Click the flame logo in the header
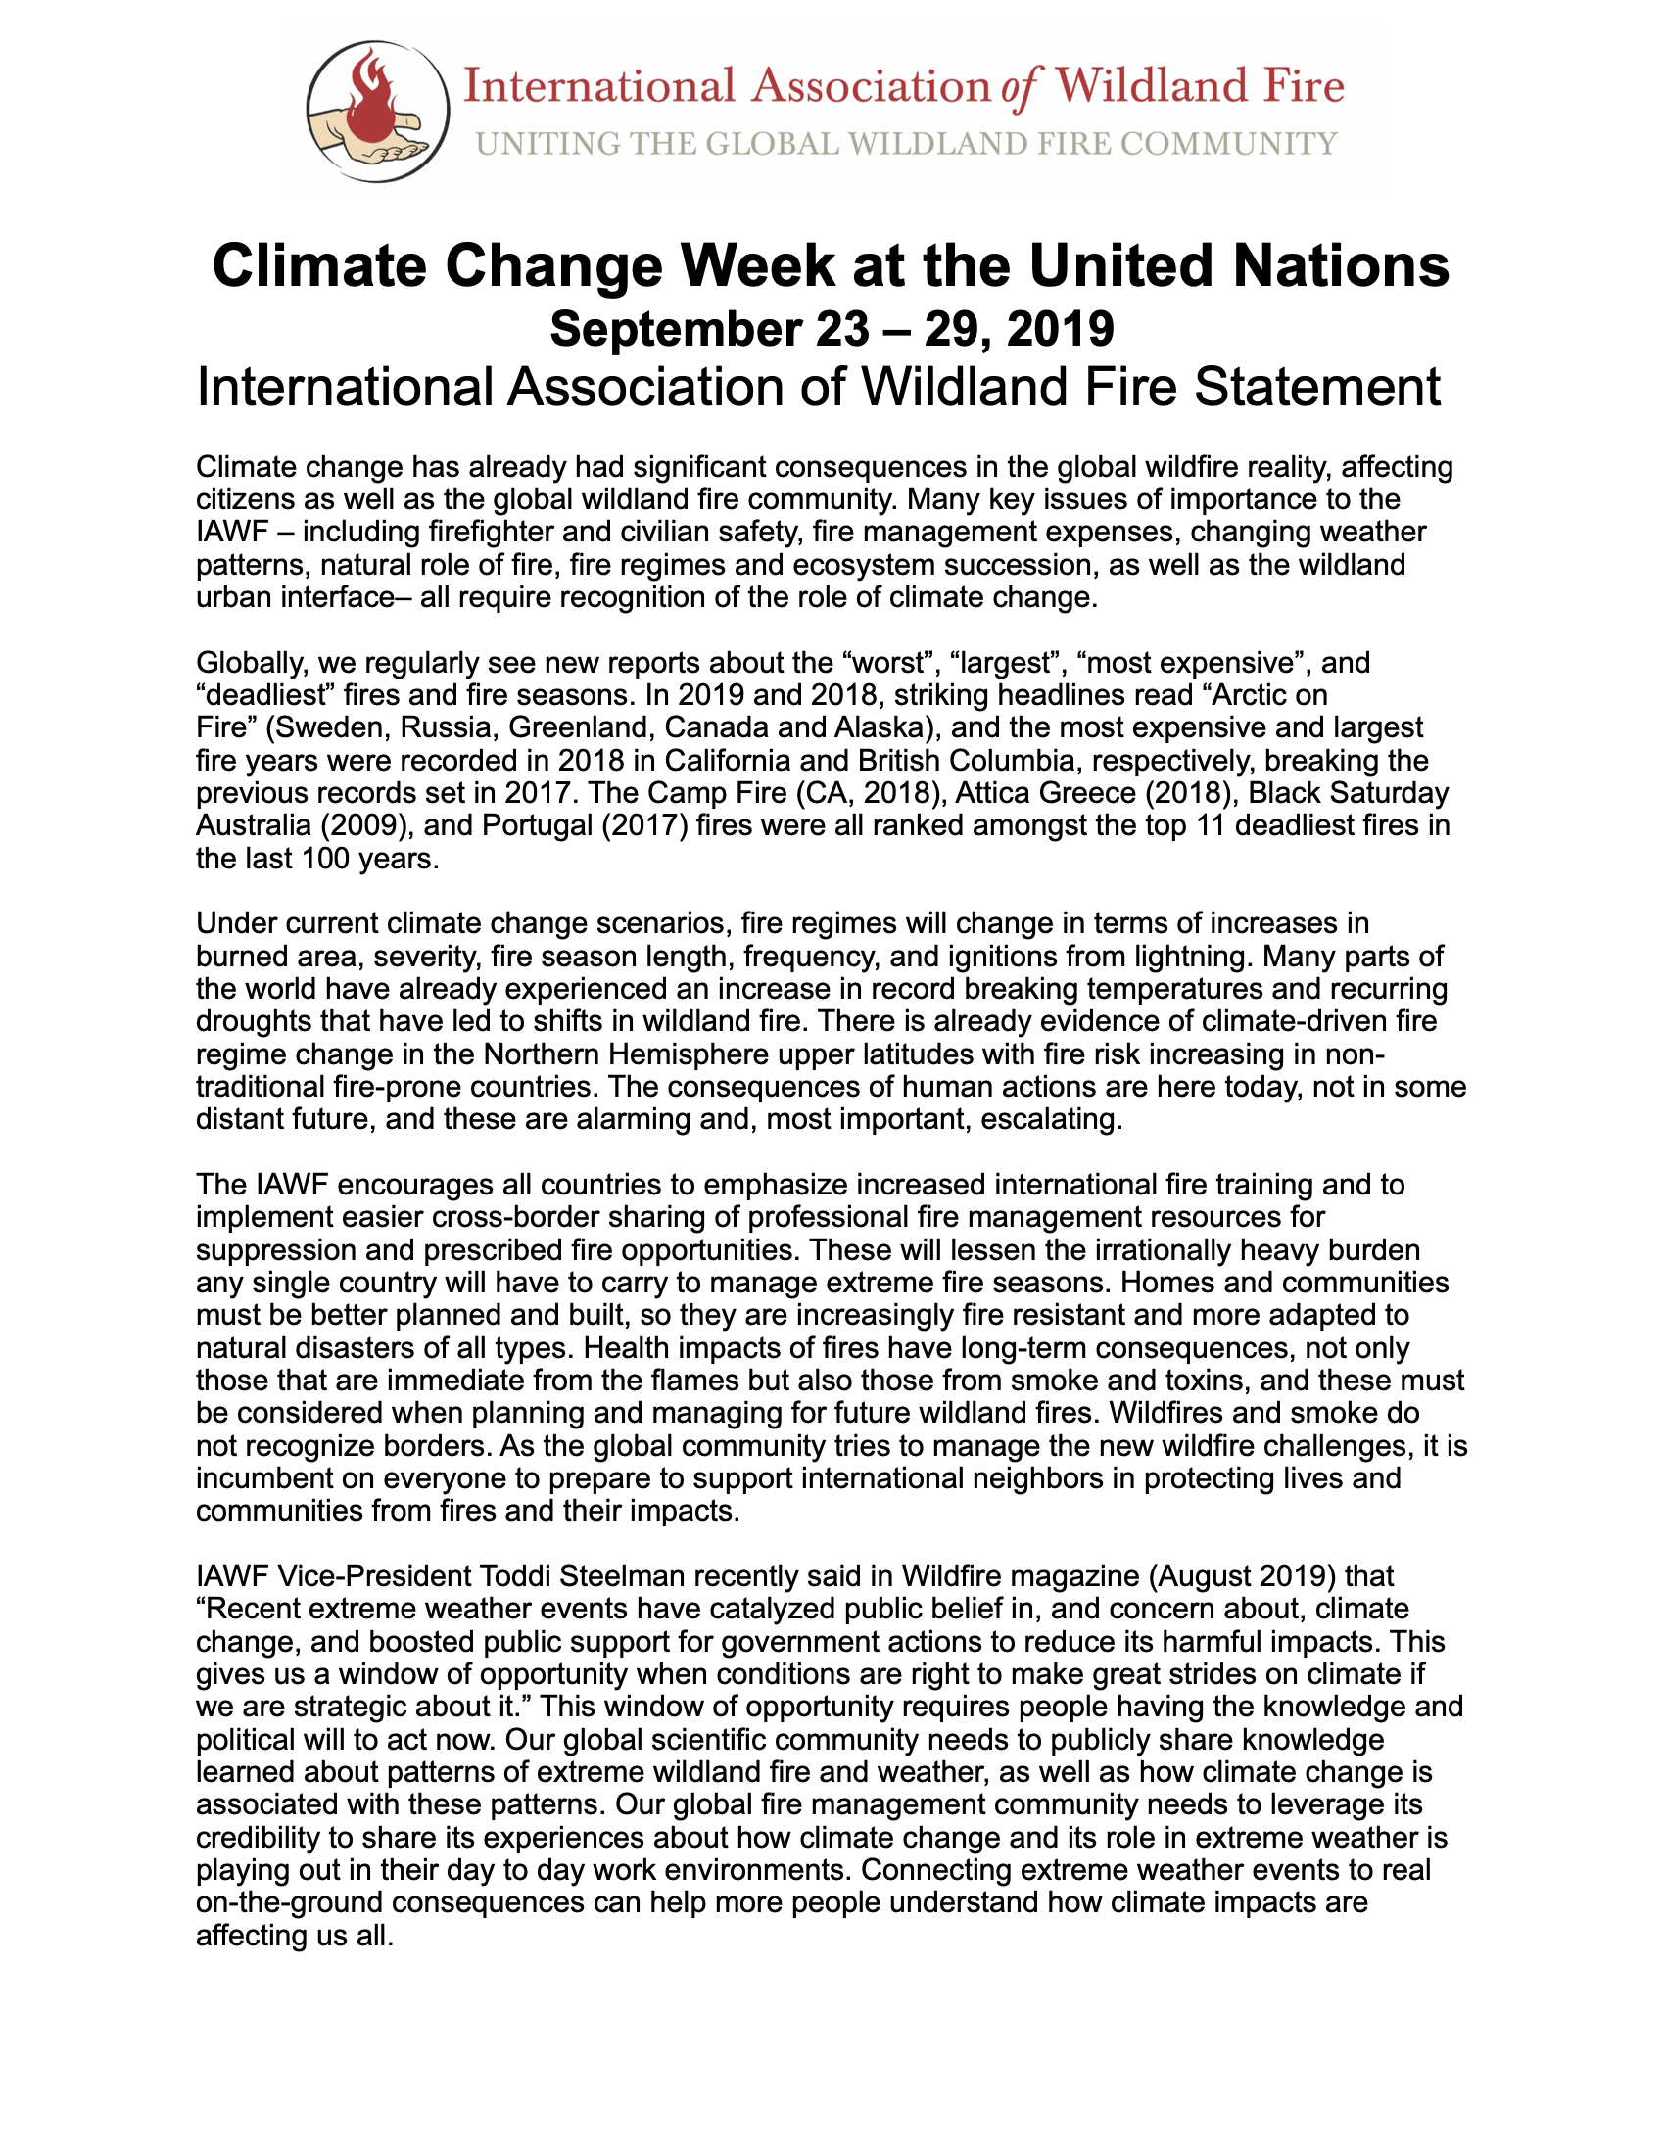pos(377,111)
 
